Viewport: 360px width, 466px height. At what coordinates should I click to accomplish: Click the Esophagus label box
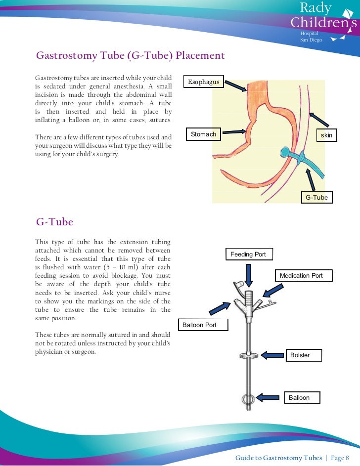coord(204,82)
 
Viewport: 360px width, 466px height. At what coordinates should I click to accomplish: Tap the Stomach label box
coord(203,134)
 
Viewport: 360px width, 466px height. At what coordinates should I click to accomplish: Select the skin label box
coord(326,135)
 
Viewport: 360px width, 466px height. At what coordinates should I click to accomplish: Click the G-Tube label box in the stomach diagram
coord(316,198)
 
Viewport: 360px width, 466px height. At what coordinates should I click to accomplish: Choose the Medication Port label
coord(304,276)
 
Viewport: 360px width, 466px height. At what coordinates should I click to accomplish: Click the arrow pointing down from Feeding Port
coord(249,274)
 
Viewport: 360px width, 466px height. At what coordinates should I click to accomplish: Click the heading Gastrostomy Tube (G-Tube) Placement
coord(131,55)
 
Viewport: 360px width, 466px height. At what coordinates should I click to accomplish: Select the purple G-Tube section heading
coord(54,222)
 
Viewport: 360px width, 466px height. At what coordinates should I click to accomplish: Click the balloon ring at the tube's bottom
coord(247,398)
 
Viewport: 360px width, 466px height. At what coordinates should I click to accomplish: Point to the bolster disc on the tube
coord(247,354)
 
